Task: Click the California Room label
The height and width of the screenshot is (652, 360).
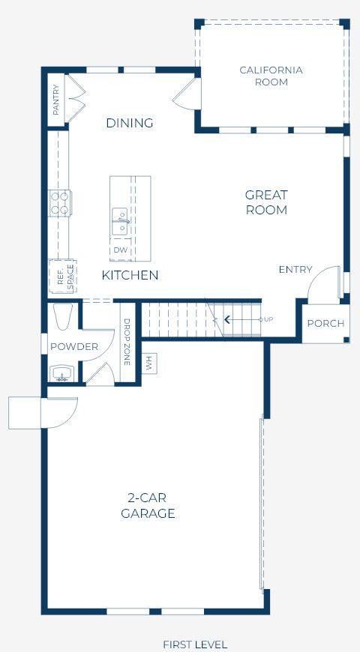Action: coord(271,76)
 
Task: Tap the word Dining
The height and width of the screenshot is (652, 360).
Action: coord(130,123)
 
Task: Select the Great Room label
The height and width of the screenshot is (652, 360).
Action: coord(266,202)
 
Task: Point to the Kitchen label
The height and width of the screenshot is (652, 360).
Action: coord(130,275)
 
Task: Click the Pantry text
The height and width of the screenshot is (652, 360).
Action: coord(56,100)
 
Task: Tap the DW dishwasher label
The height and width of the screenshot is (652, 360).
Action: coord(121,250)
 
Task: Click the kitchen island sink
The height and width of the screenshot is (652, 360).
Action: coord(121,220)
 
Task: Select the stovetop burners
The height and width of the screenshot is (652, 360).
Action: coord(60,203)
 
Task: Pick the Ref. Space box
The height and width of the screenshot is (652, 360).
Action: coord(62,276)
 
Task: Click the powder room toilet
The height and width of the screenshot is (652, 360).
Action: coord(63,316)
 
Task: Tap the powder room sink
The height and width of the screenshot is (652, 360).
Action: coord(62,373)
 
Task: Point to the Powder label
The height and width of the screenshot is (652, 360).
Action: coord(74,347)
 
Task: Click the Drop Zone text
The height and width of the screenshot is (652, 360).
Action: coord(127,342)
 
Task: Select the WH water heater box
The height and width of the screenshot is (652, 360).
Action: coord(149,363)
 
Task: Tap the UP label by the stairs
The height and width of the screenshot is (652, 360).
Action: coord(268,319)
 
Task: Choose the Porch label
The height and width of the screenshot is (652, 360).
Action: coord(325,324)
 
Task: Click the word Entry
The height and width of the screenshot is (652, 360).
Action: coord(295,270)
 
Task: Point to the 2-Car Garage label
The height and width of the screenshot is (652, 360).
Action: coord(148,506)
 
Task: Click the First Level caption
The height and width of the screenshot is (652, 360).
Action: coord(195,645)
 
